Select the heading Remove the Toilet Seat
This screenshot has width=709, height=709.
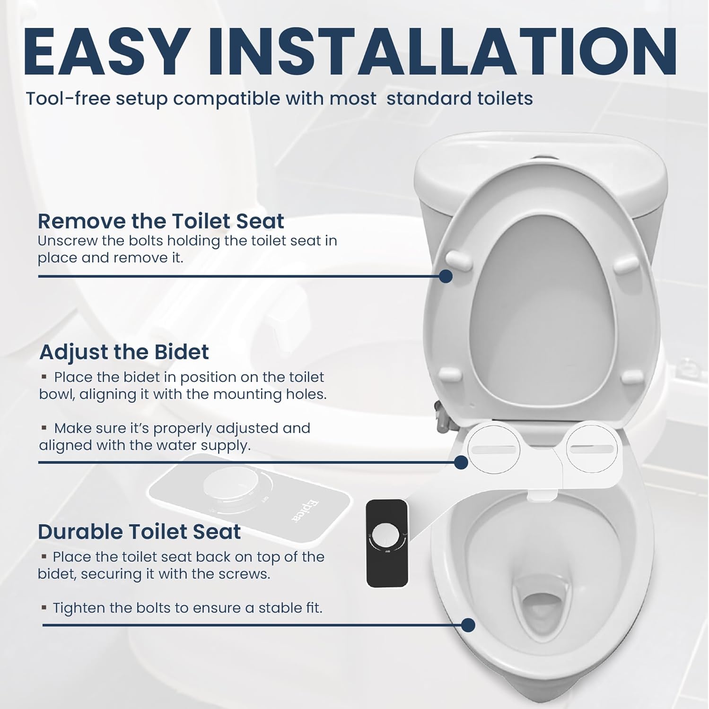click(161, 221)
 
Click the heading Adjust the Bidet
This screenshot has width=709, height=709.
click(124, 352)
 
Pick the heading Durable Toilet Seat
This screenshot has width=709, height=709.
click(139, 532)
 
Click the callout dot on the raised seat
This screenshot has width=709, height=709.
click(446, 277)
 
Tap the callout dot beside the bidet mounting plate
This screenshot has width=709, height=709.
click(461, 462)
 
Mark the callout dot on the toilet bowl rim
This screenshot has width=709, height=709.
click(468, 625)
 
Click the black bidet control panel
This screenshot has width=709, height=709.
click(387, 544)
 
